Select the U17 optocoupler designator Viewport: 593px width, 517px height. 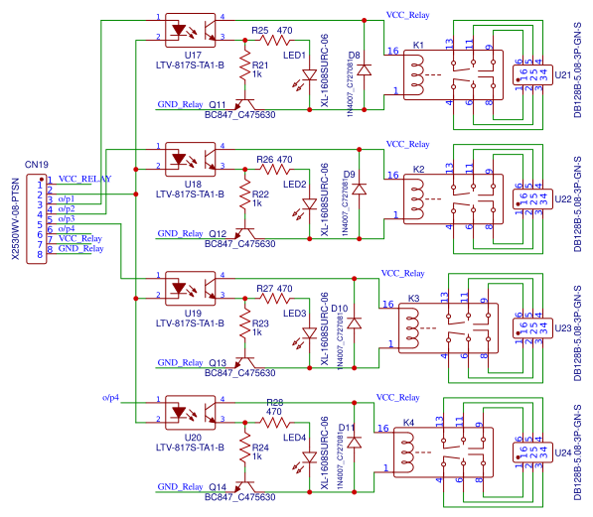[x=194, y=56]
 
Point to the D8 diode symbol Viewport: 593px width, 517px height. [x=365, y=71]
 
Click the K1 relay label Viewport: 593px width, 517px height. [x=418, y=46]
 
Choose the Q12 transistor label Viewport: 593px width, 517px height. [x=218, y=234]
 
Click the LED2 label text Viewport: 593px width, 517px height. [x=295, y=184]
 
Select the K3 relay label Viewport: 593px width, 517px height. [x=414, y=298]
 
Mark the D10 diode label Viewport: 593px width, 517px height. [x=339, y=309]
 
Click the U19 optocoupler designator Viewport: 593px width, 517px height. [x=194, y=313]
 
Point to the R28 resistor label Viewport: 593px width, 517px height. [x=275, y=402]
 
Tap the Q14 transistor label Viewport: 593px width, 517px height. [x=218, y=486]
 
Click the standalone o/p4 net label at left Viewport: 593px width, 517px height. [x=110, y=397]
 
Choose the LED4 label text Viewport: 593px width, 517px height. [x=295, y=437]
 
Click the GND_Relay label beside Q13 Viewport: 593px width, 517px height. [x=180, y=362]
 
